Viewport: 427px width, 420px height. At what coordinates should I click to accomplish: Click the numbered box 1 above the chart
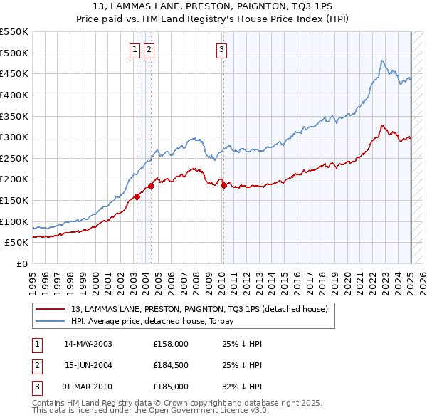point(135,49)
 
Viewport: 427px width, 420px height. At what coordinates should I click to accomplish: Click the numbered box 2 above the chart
point(149,49)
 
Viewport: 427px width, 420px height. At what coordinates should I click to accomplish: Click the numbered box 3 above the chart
point(221,49)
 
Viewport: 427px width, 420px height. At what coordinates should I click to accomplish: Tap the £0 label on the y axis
point(21,263)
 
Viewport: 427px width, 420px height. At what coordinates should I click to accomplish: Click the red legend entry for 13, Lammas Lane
point(199,309)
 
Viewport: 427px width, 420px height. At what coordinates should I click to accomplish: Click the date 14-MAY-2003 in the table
point(88,344)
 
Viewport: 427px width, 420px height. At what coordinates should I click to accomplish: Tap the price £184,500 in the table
point(171,365)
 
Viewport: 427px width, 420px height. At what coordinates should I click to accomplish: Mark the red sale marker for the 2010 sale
point(223,185)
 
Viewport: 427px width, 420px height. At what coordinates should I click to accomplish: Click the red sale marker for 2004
point(151,187)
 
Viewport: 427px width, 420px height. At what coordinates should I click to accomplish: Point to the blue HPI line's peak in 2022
point(382,61)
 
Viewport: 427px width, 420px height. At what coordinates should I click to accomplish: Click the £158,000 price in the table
point(171,344)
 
